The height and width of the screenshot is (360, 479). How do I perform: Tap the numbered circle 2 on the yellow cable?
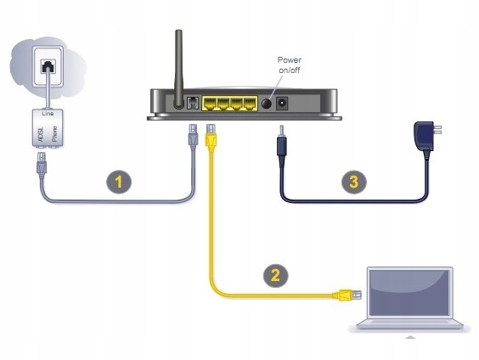tap(273, 275)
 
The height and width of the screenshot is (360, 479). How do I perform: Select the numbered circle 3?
tap(352, 181)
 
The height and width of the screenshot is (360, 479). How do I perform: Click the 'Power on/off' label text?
tap(290, 65)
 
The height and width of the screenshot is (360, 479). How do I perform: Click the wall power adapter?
tap(423, 136)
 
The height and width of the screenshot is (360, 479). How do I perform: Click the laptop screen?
tap(406, 293)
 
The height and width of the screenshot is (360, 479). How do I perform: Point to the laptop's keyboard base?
tap(407, 328)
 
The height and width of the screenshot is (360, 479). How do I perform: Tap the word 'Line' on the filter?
tap(50, 112)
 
